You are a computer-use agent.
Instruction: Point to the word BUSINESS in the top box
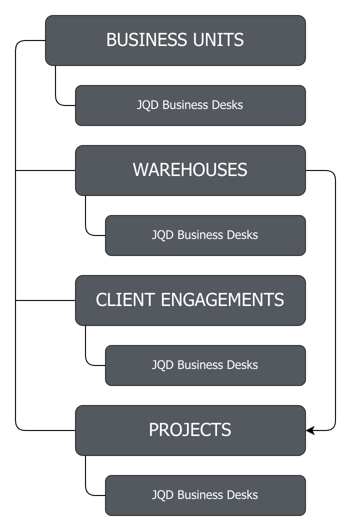coord(147,40)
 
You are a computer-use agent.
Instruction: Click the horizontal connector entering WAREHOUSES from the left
coord(45,170)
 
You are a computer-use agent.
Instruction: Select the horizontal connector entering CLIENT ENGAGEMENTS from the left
coord(45,300)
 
